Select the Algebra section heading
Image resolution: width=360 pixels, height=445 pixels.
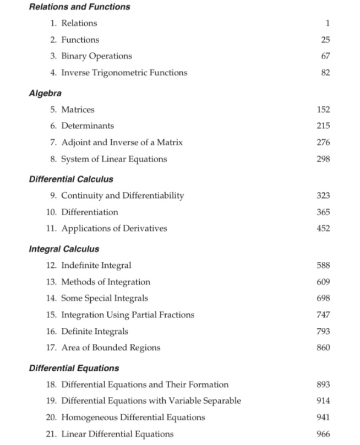45,93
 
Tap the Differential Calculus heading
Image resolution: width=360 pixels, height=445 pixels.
70,179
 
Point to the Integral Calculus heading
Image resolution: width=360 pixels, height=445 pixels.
63,249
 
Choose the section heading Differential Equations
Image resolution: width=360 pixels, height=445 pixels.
74,368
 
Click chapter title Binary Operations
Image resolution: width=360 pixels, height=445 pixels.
96,56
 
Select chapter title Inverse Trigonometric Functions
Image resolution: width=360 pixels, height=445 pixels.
124,73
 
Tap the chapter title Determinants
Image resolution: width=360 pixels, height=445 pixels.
88,126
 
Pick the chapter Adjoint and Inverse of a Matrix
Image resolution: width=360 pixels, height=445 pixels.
122,142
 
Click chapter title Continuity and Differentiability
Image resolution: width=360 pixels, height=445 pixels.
122,195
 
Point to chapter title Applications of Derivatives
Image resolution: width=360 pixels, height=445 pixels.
114,228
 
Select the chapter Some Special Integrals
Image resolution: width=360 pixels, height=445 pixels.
105,298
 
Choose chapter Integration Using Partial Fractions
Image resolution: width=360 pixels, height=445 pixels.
128,315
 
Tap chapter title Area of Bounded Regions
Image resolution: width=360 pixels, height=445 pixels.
111,348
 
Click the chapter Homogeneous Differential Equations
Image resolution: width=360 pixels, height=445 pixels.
133,417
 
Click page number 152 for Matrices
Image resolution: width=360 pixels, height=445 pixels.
323,109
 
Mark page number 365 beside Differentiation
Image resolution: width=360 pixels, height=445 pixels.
323,212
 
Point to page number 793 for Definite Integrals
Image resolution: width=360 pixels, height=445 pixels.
323,331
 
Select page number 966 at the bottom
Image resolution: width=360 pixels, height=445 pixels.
323,433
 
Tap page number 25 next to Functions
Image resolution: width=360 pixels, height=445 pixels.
325,40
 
